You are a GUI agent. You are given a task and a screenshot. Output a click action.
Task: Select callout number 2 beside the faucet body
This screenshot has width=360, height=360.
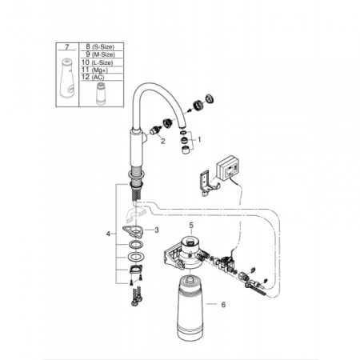point(162,141)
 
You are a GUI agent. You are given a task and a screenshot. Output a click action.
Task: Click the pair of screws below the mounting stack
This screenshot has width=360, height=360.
point(136,297)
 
